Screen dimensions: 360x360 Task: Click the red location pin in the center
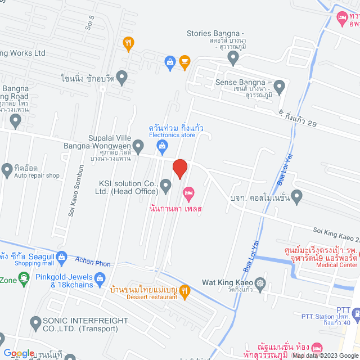point(179,168)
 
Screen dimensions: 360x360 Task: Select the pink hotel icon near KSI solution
point(188,195)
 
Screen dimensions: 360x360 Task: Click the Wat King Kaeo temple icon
point(259,283)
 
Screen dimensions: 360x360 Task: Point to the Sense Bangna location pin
point(280,86)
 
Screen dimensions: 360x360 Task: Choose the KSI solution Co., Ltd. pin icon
point(165,185)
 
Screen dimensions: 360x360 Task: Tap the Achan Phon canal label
point(93,262)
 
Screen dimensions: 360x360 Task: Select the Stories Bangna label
point(215,33)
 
